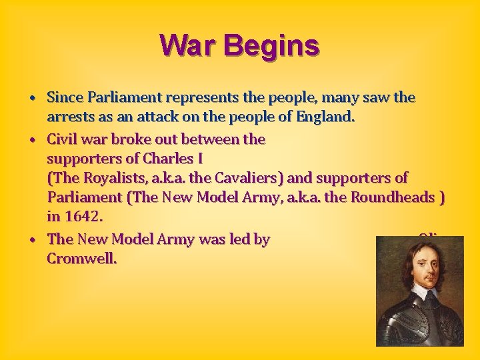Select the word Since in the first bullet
pos(65,98)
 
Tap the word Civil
pos(63,139)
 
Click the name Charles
pos(156,159)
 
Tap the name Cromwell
pos(82,258)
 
